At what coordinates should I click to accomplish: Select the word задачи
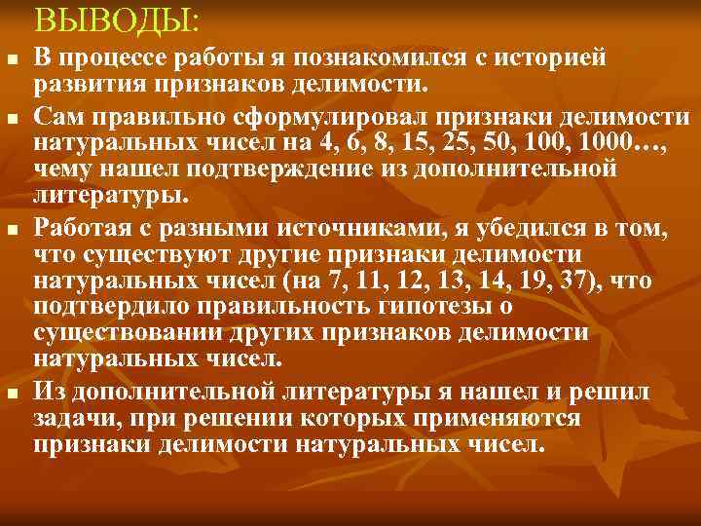click(72, 419)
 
